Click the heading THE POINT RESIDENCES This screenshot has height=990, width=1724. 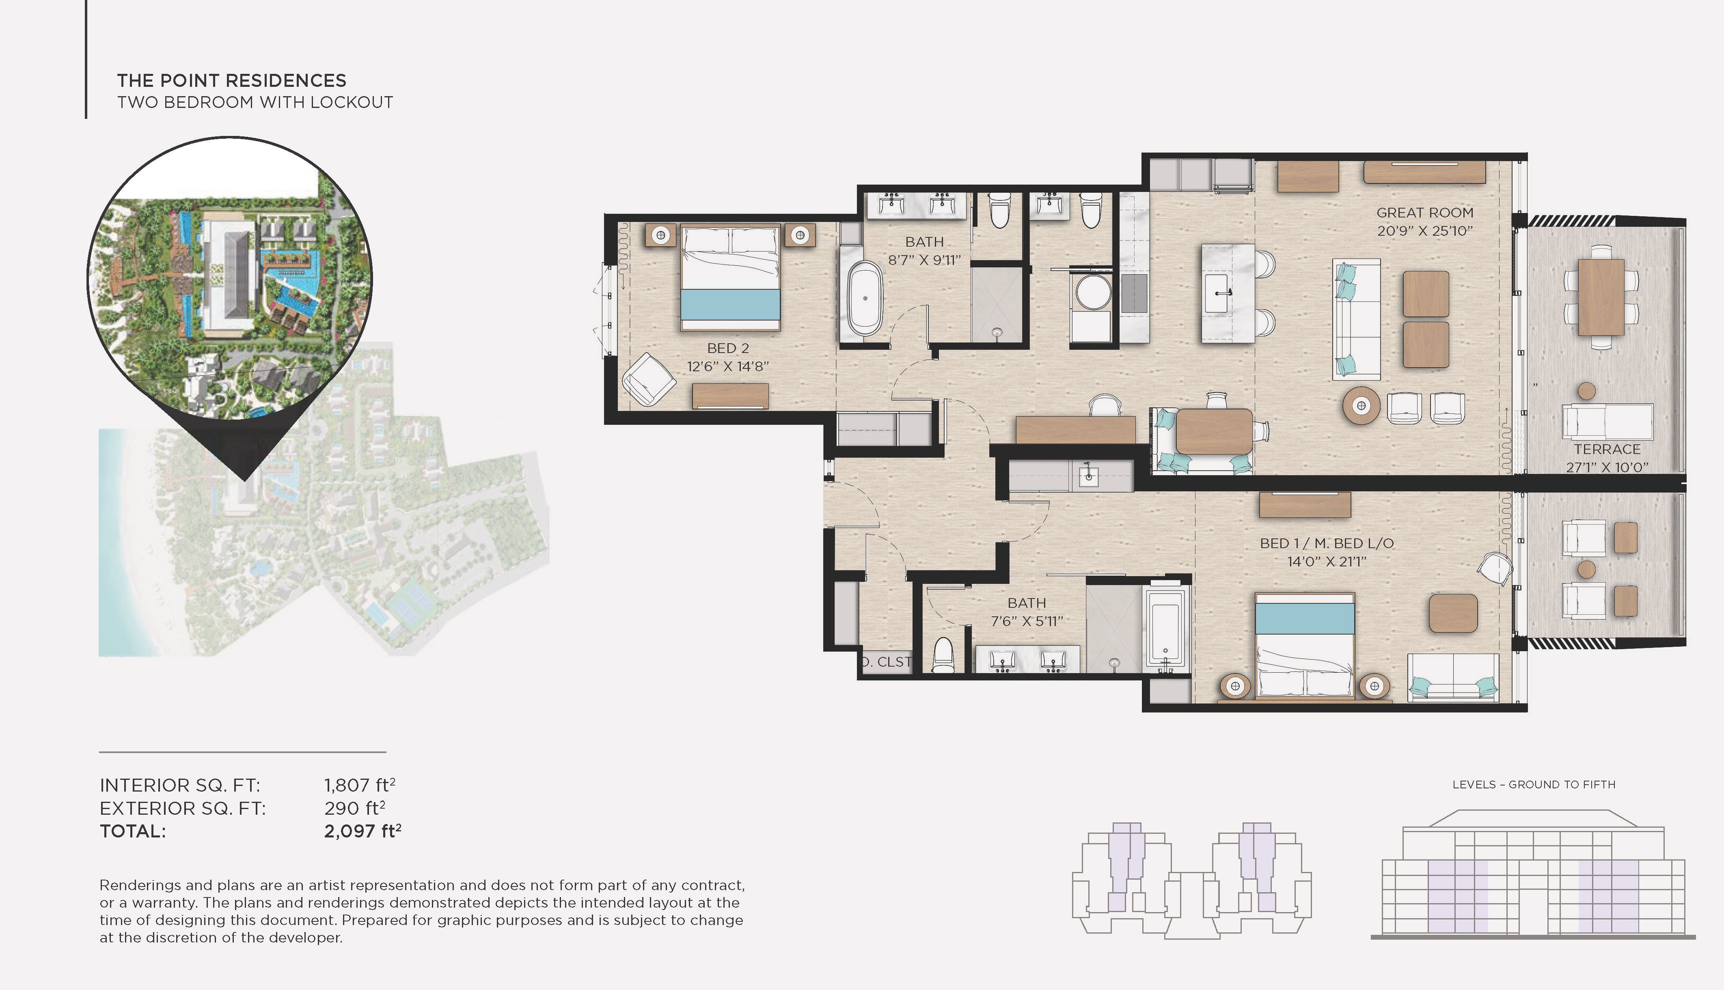tap(231, 81)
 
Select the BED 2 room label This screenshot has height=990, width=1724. tap(728, 348)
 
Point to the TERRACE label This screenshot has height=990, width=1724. tap(1607, 450)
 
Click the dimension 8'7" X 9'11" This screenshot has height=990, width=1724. tap(924, 260)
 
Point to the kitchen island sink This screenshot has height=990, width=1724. tap(1222, 293)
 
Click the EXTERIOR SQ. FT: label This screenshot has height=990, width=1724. tap(182, 809)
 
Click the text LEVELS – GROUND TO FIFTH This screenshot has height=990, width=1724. tap(1534, 785)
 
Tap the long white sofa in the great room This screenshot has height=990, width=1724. tap(1355, 319)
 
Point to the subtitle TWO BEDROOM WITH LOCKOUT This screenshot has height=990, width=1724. tap(255, 103)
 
